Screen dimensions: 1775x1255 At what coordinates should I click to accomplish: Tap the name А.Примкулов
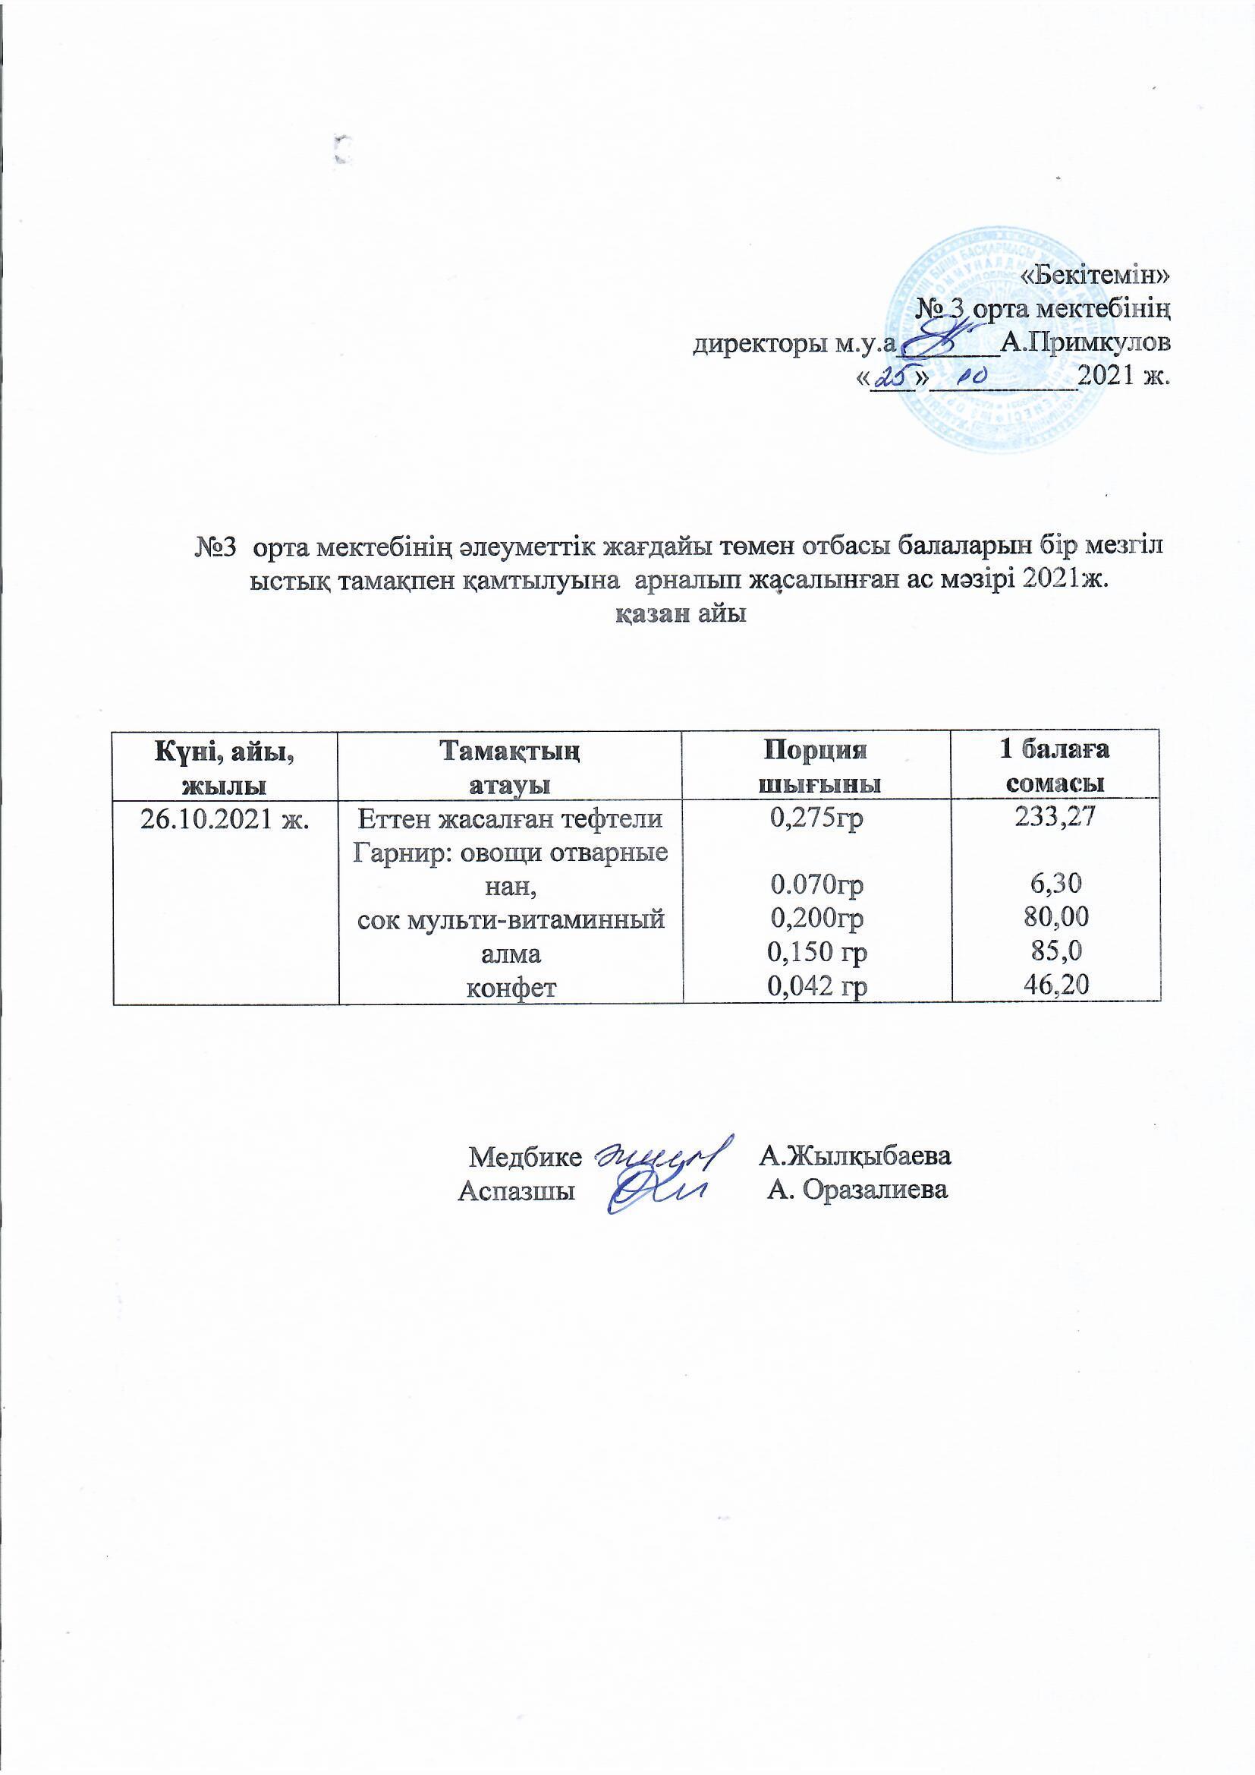click(x=1084, y=341)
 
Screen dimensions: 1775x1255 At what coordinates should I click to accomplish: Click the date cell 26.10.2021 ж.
click(x=225, y=819)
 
